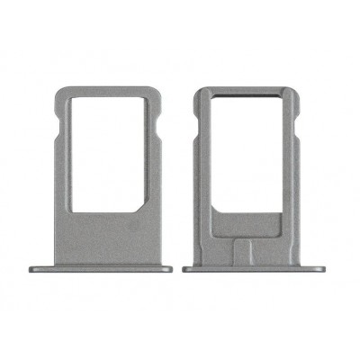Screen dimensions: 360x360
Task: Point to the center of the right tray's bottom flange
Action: [256, 267]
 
